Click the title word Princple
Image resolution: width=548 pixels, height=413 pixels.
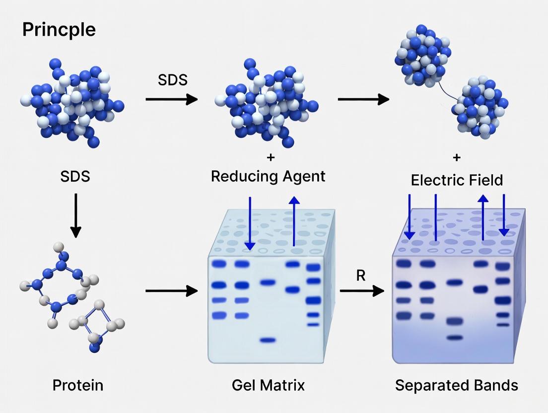[59, 30]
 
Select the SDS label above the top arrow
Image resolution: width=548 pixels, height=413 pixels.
[173, 79]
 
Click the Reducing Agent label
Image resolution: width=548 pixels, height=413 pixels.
[268, 176]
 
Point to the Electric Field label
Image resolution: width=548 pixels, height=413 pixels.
[457, 180]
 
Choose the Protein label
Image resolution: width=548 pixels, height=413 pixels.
[78, 385]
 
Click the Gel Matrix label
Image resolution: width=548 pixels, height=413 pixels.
[268, 385]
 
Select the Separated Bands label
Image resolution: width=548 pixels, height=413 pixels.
[456, 385]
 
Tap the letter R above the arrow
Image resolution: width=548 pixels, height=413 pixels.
[361, 276]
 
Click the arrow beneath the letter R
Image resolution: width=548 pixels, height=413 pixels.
[362, 291]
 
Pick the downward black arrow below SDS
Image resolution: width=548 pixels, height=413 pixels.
[75, 214]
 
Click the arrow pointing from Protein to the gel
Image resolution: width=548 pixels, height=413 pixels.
[171, 291]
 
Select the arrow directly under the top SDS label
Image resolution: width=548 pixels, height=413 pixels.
[171, 99]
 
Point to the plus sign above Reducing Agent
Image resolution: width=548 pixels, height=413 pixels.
[271, 157]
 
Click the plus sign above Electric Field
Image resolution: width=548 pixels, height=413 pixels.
[457, 157]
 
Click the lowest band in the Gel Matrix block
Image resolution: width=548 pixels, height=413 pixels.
[268, 341]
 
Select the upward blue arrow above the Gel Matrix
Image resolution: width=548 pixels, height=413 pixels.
[294, 221]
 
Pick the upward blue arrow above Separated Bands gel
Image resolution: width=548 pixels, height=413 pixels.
[483, 218]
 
